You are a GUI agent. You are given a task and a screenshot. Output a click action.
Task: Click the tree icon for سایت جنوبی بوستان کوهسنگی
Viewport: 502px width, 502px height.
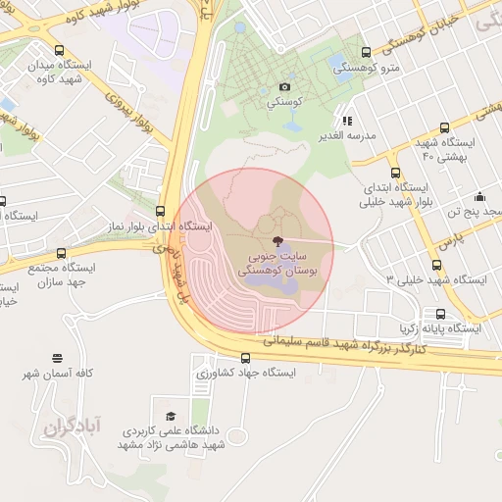pyautogui.click(x=276, y=241)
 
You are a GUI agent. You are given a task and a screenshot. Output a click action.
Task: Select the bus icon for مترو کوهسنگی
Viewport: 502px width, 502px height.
pyautogui.click(x=367, y=53)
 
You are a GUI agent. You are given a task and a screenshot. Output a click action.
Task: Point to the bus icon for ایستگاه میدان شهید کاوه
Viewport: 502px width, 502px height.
pyautogui.click(x=60, y=51)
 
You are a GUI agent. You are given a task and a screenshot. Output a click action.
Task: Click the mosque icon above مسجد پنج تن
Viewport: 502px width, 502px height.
pyautogui.click(x=478, y=195)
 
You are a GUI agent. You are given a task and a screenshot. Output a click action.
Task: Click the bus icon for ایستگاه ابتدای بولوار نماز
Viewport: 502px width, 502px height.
pyautogui.click(x=160, y=211)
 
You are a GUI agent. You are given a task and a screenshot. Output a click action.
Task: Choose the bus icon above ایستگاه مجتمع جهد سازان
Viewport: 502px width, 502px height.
pyautogui.click(x=62, y=253)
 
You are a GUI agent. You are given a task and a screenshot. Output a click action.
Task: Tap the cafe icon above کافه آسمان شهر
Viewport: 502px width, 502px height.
pyautogui.click(x=57, y=359)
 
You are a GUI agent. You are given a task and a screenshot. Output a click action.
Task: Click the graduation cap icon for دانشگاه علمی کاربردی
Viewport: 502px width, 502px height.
pyautogui.click(x=172, y=416)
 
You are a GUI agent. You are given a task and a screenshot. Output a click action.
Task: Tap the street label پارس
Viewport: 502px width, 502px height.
pyautogui.click(x=449, y=238)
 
